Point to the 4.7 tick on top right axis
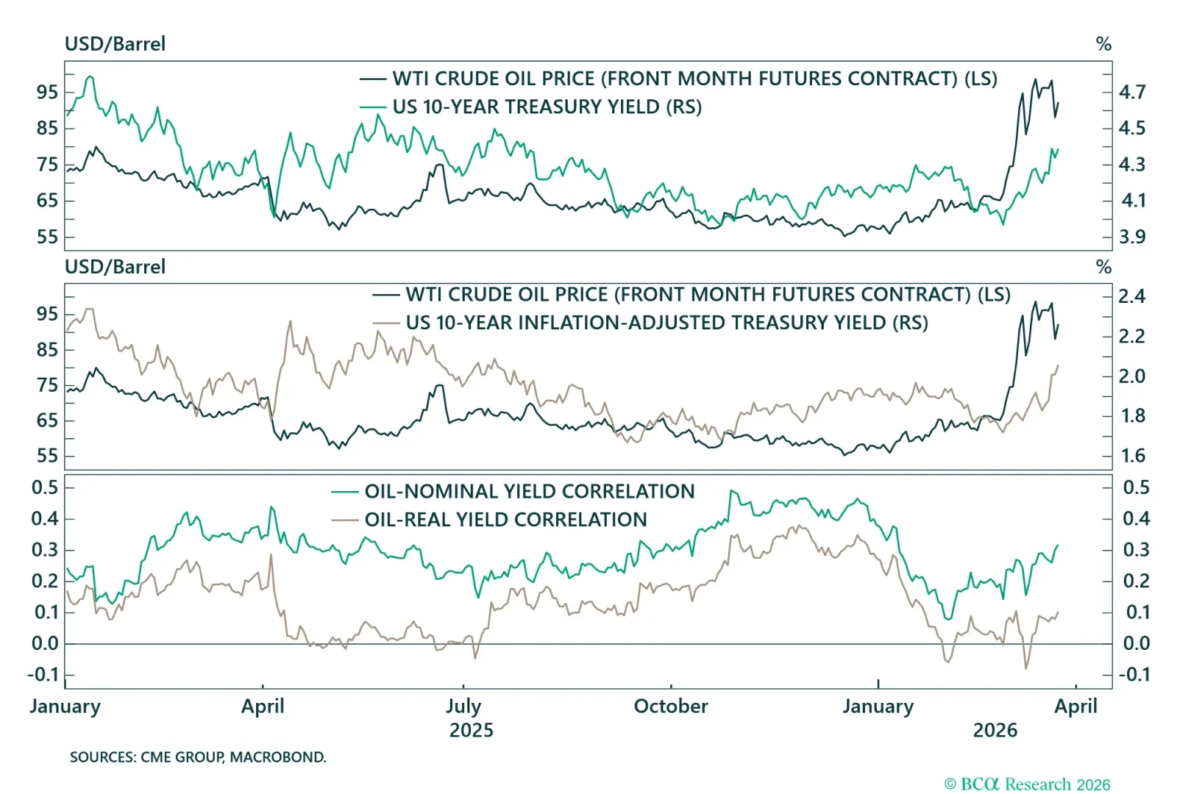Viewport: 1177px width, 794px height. tap(1132, 93)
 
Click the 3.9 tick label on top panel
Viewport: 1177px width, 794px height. tap(1132, 237)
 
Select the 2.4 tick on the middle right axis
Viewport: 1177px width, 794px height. tap(1132, 296)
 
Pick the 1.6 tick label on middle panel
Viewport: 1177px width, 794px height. tap(1132, 456)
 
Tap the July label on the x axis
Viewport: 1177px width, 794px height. tap(463, 707)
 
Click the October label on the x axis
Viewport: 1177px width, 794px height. tap(671, 707)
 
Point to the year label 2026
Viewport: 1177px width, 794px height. tap(995, 731)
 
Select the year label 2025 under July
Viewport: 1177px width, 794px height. tap(472, 731)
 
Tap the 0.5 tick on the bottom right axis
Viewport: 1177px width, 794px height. tap(1136, 487)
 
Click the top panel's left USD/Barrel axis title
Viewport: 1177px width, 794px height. tap(115, 44)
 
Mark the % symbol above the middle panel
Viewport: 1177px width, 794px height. tap(1103, 267)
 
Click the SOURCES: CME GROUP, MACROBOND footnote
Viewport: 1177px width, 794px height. tap(198, 757)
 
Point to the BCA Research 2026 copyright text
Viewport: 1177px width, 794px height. tap(1027, 784)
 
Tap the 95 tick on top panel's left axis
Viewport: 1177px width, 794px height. tap(47, 93)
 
